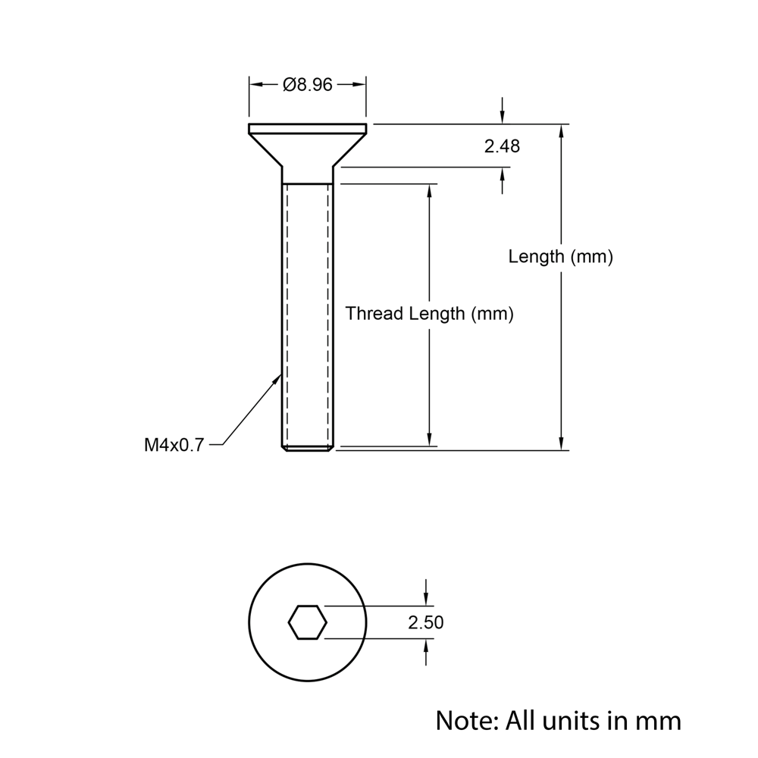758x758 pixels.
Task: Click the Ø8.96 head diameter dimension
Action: point(308,85)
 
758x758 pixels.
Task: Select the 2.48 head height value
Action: point(502,146)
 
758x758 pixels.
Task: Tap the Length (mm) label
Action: point(560,257)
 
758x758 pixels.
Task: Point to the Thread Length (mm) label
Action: point(430,314)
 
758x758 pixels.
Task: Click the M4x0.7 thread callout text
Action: point(174,445)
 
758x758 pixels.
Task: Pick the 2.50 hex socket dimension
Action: point(425,623)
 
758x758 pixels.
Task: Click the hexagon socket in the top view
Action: point(308,622)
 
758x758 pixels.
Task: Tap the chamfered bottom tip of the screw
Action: point(308,449)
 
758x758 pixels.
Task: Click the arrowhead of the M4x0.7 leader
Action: point(277,379)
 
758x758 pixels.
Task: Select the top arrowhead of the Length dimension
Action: point(561,131)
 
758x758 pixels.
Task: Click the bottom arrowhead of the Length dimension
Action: point(561,443)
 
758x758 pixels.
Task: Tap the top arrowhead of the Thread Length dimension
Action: point(430,190)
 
